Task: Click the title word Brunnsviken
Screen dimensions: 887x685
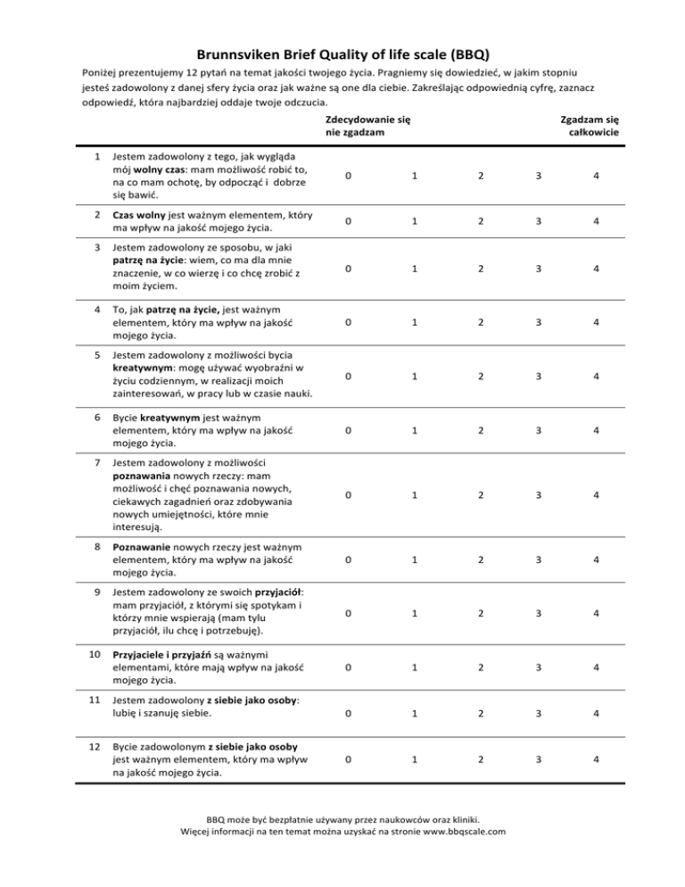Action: (x=237, y=54)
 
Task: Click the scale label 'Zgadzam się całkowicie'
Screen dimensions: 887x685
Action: (x=589, y=126)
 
